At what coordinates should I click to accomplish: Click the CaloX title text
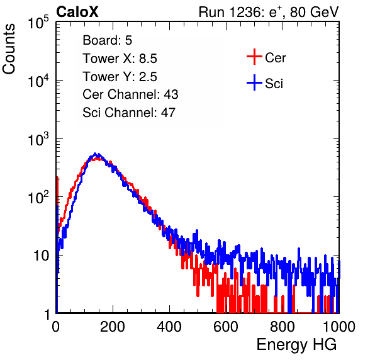click(77, 12)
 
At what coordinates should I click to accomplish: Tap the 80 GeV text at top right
click(314, 12)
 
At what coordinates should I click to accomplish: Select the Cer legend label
click(275, 58)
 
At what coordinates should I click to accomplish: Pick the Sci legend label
click(274, 84)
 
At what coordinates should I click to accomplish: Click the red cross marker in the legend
click(254, 57)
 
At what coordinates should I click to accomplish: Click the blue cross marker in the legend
click(254, 83)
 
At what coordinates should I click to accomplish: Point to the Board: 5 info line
click(108, 40)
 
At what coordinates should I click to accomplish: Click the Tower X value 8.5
click(148, 59)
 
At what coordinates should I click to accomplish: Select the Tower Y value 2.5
click(148, 77)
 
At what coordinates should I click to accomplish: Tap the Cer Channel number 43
click(171, 94)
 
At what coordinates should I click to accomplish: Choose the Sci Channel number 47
click(168, 113)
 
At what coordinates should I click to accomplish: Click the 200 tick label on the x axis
click(113, 327)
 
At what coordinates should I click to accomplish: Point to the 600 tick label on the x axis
click(226, 327)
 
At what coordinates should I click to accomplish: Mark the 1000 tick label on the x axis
click(339, 327)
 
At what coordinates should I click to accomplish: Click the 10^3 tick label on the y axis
click(38, 139)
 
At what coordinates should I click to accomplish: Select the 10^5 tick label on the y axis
click(38, 23)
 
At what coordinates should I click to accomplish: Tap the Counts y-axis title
click(9, 49)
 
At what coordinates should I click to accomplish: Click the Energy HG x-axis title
click(296, 345)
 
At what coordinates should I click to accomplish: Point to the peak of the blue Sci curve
click(95, 154)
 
